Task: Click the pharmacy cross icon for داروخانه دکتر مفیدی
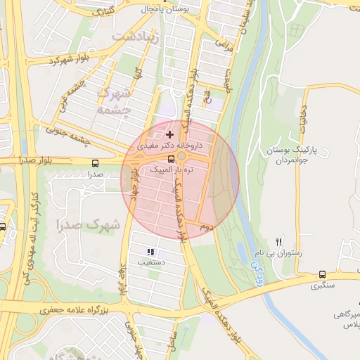pyautogui.click(x=169, y=134)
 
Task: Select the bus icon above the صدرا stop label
pyautogui.click(x=95, y=162)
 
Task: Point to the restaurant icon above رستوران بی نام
pyautogui.click(x=279, y=241)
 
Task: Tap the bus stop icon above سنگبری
pyautogui.click(x=323, y=275)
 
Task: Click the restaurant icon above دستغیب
pyautogui.click(x=150, y=251)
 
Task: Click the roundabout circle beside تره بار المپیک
pyautogui.click(x=181, y=155)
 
